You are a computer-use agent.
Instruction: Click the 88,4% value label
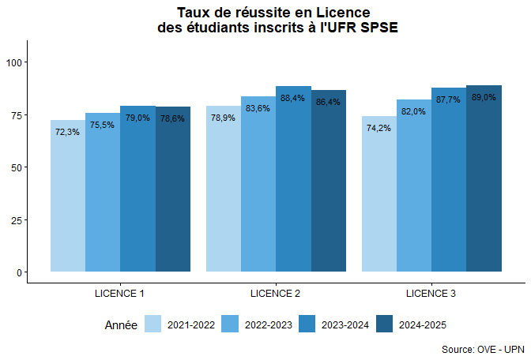(292, 98)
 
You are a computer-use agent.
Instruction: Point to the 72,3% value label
(67, 132)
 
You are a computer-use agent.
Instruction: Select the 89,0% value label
(484, 97)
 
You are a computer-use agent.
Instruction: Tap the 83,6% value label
(258, 108)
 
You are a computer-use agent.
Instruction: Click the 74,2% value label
(378, 128)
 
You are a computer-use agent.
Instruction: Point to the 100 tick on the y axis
(16, 62)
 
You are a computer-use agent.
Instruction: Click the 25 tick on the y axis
(18, 219)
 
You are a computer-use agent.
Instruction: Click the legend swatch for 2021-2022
(153, 324)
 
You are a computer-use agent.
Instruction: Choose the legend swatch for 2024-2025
(385, 324)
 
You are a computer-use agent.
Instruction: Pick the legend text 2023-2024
(345, 324)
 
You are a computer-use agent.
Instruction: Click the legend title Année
(121, 324)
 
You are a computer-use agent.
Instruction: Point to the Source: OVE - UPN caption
(483, 348)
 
